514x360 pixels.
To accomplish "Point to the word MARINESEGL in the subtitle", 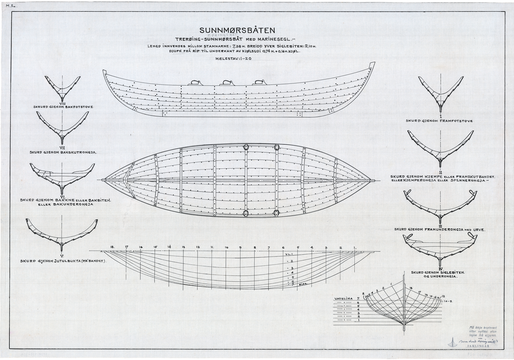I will (278, 39).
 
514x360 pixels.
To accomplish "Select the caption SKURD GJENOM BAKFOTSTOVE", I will (63, 106).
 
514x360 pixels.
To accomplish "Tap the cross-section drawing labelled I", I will (440, 92).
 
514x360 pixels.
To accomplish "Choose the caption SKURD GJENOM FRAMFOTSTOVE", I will (439, 121).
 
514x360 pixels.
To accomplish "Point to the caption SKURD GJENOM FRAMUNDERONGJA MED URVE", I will (439, 229).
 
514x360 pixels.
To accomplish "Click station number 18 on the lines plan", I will (112, 248).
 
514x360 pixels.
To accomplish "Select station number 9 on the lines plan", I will (240, 248).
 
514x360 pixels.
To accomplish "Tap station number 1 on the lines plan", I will (355, 248).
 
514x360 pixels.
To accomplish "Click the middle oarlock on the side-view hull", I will (227, 83).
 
